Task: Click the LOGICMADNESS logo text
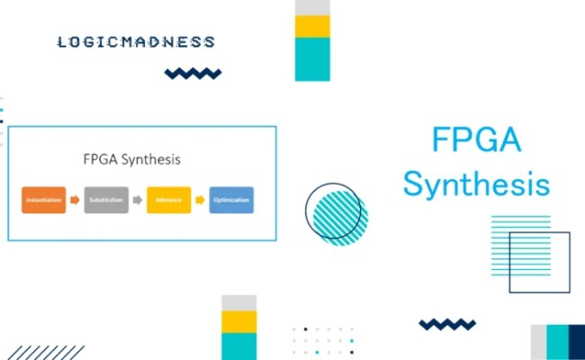135,42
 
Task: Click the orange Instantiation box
44,200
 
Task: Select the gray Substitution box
106,200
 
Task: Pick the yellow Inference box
168,200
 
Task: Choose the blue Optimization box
231,200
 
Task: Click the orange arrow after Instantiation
76,200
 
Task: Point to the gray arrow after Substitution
138,200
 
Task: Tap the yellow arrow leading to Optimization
200,200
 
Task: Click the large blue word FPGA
476,141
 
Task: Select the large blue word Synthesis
476,184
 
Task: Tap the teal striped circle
336,215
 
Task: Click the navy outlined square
540,262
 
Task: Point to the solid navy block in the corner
577,342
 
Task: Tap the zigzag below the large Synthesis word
447,324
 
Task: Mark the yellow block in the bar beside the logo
312,26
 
